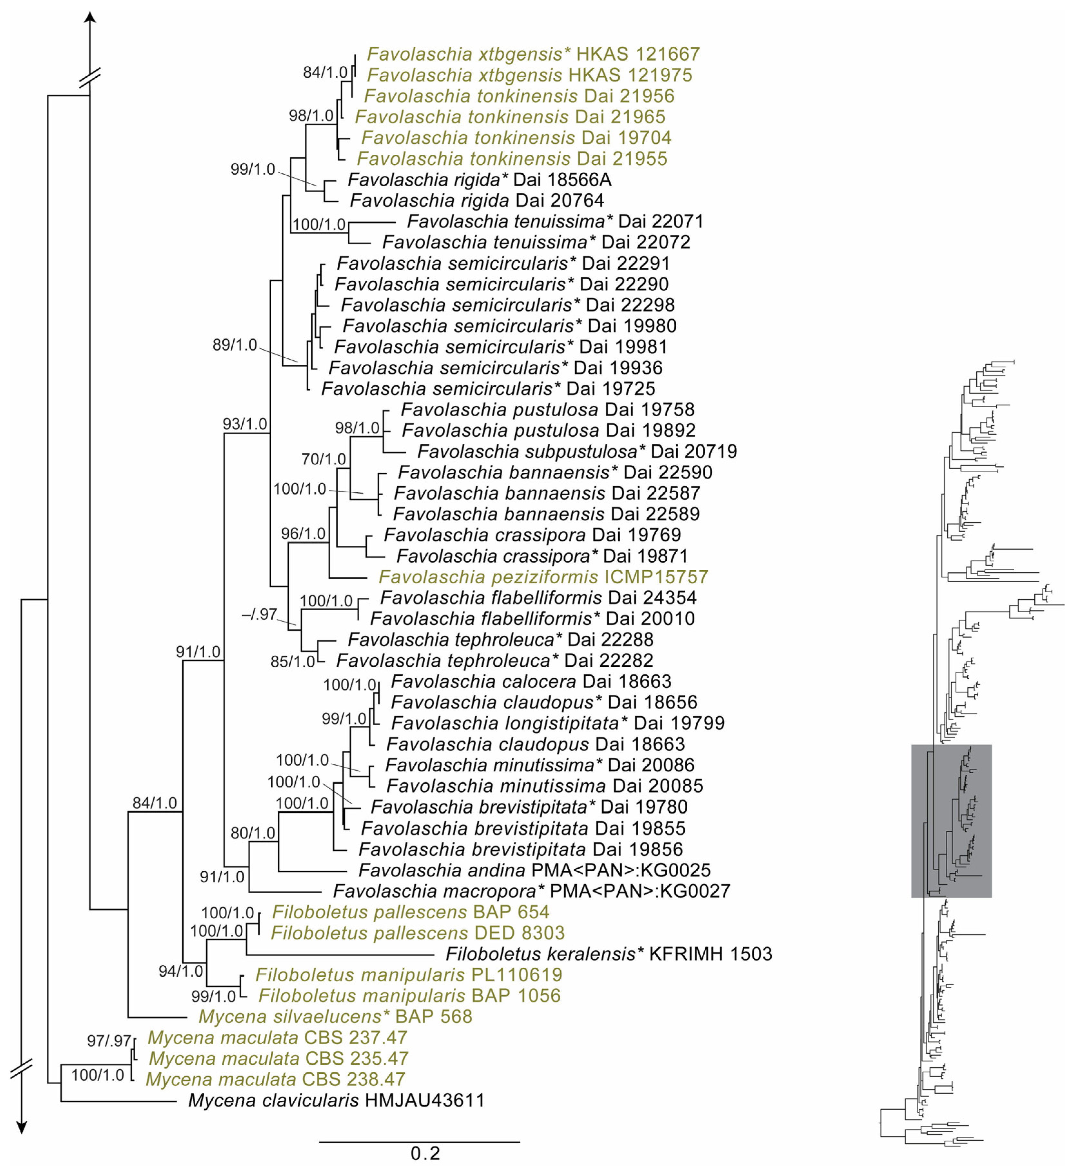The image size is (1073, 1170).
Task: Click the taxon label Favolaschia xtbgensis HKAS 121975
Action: [x=529, y=75]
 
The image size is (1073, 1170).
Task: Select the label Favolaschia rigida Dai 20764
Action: [x=477, y=200]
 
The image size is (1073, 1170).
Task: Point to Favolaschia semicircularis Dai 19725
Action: [x=488, y=389]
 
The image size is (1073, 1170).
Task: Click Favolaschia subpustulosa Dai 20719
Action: [x=577, y=451]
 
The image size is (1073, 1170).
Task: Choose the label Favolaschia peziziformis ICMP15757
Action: [x=544, y=576]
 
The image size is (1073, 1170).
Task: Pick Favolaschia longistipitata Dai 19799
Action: [x=557, y=723]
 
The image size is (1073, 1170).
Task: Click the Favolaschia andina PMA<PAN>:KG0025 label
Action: [x=534, y=870]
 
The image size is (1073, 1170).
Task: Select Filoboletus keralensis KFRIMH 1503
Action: [x=608, y=953]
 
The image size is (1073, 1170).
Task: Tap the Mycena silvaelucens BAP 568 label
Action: [x=335, y=1016]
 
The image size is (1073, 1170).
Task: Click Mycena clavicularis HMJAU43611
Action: [x=336, y=1100]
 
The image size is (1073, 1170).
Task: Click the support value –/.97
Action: [x=259, y=614]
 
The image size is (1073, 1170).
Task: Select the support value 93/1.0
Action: [x=245, y=424]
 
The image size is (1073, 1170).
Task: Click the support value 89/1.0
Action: [x=235, y=345]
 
